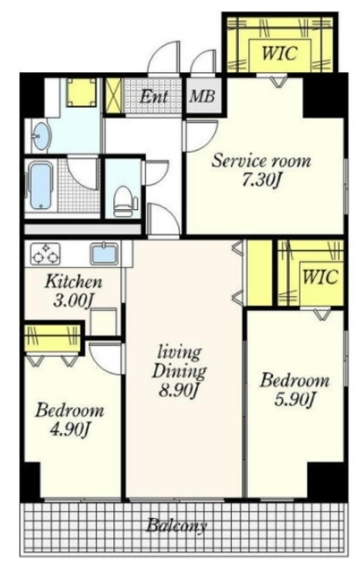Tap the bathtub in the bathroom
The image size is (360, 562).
pyautogui.click(x=40, y=185)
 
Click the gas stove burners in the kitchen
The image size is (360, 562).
pyautogui.click(x=45, y=253)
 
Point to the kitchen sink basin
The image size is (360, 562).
pyautogui.click(x=104, y=253)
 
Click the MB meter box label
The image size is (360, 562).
pyautogui.click(x=202, y=96)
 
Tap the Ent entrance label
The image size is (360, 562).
pyautogui.click(x=154, y=96)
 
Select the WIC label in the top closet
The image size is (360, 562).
pyautogui.click(x=279, y=54)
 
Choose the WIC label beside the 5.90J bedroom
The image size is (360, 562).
pyautogui.click(x=320, y=277)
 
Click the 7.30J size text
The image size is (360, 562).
pyautogui.click(x=261, y=180)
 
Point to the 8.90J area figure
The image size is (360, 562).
pyautogui.click(x=178, y=390)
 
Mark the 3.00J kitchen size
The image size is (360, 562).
pyautogui.click(x=74, y=300)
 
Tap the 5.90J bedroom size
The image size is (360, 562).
pyautogui.click(x=294, y=400)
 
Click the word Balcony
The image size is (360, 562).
pyautogui.click(x=176, y=526)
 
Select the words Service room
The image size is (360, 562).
pyautogui.click(x=261, y=161)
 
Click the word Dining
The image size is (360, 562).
pyautogui.click(x=179, y=371)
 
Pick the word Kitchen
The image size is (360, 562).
pyautogui.click(x=74, y=282)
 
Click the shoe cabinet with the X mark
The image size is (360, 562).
pyautogui.click(x=114, y=96)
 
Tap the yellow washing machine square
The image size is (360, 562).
pyautogui.click(x=82, y=92)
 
